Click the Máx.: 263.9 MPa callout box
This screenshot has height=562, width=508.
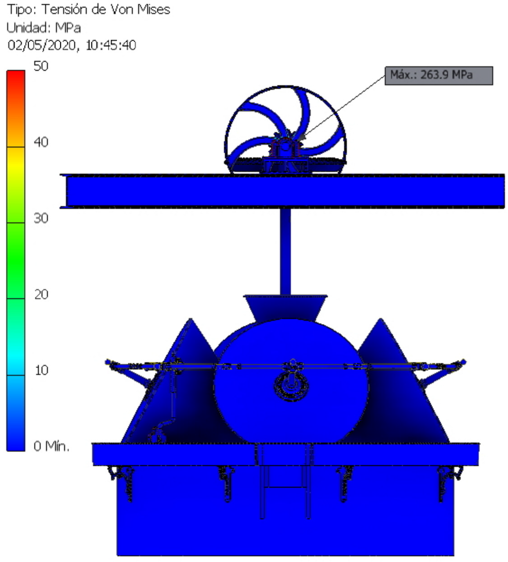439,76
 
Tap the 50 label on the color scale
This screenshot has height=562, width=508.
41,66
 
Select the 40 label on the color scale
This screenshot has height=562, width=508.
41,142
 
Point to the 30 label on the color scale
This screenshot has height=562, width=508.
41,218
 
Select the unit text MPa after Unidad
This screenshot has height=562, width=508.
68,28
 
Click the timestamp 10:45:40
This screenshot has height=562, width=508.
111,45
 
